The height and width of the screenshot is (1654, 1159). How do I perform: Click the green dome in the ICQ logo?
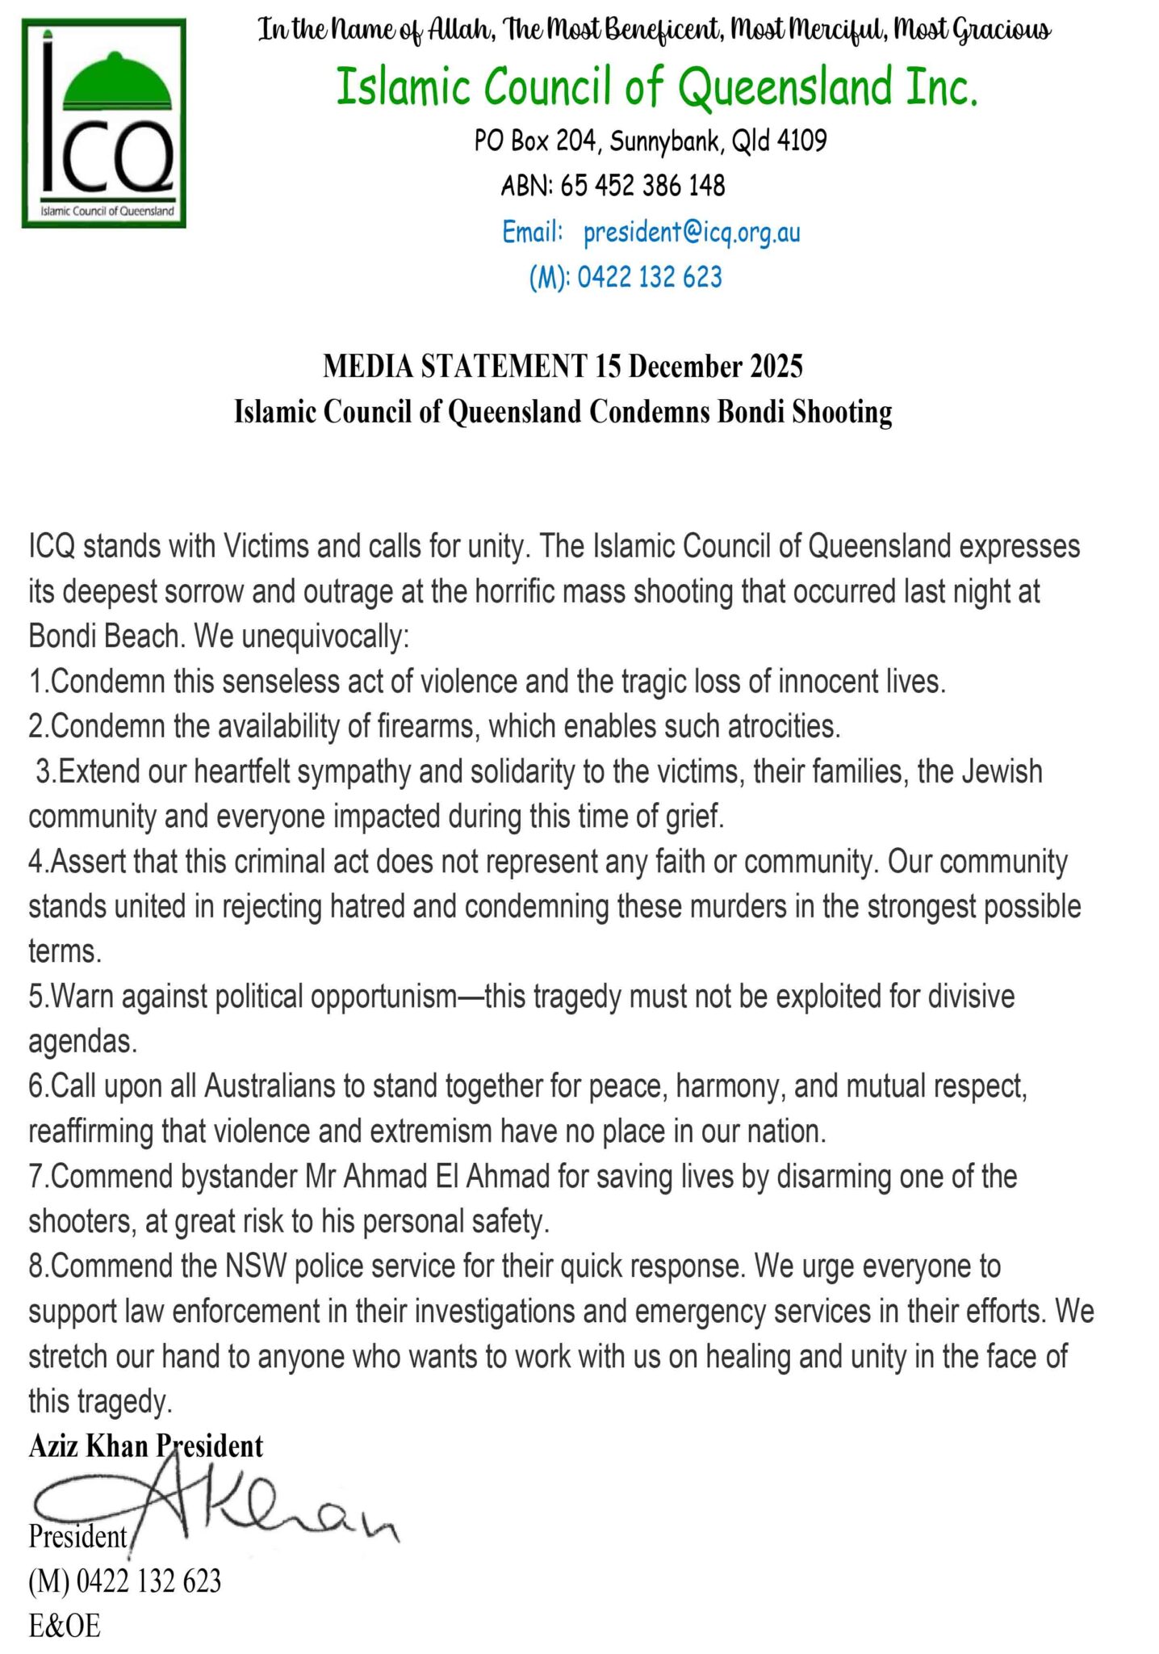point(117,87)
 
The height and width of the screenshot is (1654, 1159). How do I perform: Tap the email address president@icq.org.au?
point(692,233)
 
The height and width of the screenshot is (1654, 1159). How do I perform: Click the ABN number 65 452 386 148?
point(642,187)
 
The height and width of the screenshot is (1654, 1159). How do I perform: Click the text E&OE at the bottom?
point(65,1626)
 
